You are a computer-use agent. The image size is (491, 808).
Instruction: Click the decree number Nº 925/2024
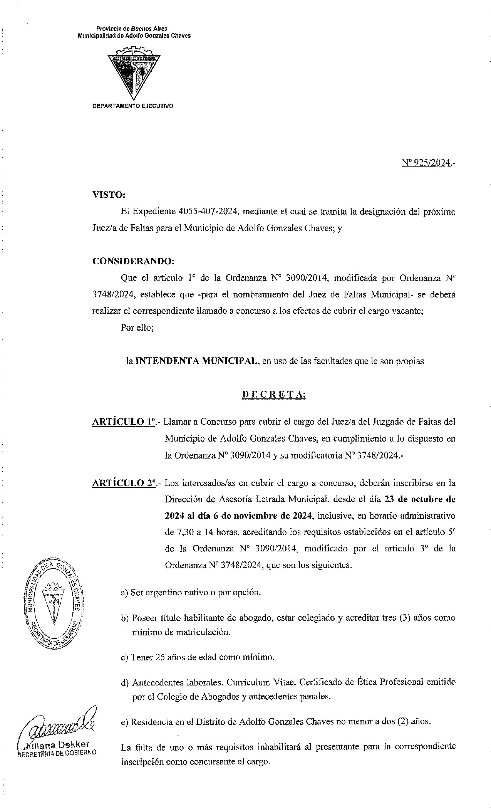426,163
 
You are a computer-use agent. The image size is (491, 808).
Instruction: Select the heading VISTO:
109,195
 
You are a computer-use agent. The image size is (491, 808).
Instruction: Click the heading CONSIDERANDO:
133,261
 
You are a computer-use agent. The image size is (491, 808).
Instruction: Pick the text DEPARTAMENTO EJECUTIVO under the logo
133,106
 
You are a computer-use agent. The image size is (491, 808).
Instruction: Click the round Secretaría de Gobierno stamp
54,603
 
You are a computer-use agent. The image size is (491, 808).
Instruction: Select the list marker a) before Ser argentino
124,592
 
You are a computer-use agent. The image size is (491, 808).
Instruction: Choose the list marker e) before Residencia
124,722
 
